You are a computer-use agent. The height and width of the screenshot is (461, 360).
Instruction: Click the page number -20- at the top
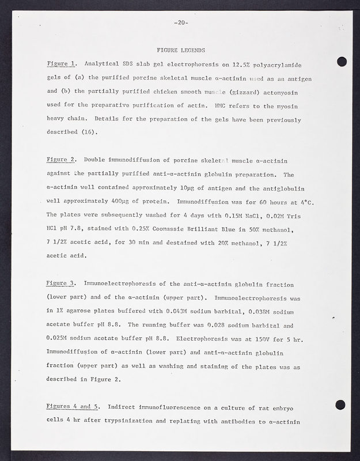[x=180, y=23]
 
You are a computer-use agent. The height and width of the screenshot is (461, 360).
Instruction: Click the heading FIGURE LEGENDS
[x=180, y=50]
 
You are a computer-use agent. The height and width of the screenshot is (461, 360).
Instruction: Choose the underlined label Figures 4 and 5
[x=73, y=408]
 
